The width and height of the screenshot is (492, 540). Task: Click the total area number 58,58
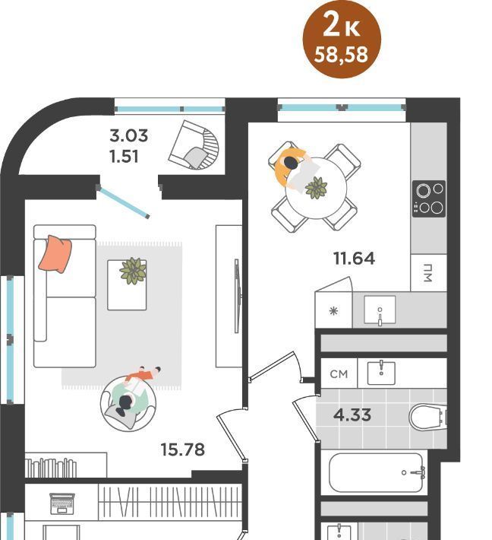pos(341,55)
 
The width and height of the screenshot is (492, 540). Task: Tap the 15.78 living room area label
pos(182,449)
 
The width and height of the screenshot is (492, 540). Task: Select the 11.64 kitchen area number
pos(354,259)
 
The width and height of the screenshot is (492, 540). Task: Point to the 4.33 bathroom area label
pos(352,415)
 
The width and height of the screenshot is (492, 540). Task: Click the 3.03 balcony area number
pos(129,135)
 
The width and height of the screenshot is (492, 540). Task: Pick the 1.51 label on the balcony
pos(124,157)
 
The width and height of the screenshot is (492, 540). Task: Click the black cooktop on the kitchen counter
pos(429,199)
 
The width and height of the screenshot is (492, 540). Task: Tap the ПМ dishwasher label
pos(428,273)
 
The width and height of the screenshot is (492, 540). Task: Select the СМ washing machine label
pos(339,374)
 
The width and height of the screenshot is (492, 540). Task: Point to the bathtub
pos(377,472)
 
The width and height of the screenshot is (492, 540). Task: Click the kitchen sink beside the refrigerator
pos(380,310)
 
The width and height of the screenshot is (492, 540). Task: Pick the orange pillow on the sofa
pos(55,254)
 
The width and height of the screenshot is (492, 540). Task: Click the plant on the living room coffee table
pos(133,271)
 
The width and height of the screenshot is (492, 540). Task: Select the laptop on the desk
pos(62,503)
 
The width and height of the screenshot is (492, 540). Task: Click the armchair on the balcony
pos(194,145)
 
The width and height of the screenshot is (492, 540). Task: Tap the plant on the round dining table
pos(317,188)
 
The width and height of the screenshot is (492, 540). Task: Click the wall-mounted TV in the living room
pos(237,296)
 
